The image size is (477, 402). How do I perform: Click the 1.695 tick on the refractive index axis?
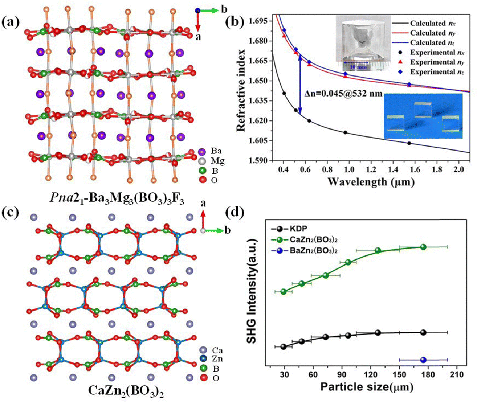[x=260, y=21]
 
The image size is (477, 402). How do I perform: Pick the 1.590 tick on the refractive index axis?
[x=260, y=160]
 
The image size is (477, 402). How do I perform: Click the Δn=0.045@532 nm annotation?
[x=343, y=94]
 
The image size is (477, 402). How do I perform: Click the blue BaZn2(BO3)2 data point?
[x=423, y=360]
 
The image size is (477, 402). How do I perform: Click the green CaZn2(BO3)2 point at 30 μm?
[x=284, y=291]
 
